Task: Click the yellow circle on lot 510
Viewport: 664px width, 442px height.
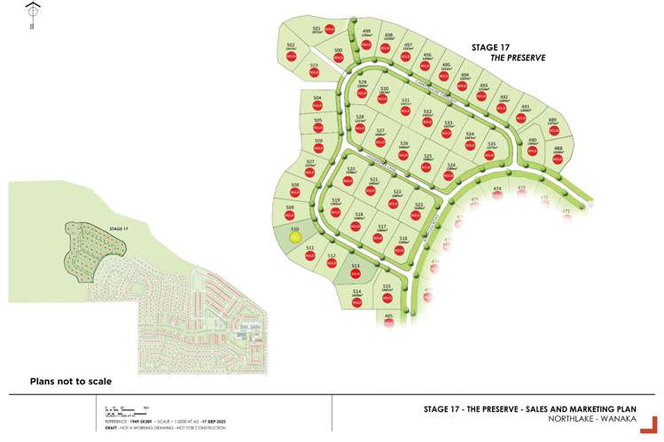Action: [x=295, y=237]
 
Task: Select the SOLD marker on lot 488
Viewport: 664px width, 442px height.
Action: [x=558, y=160]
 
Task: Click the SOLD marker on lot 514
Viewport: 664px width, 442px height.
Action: [x=356, y=302]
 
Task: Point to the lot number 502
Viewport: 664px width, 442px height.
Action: [x=291, y=45]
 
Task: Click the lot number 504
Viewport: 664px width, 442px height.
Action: [x=317, y=97]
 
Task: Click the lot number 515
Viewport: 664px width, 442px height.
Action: [x=387, y=286]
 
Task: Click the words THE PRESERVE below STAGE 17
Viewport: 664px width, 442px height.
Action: [x=518, y=58]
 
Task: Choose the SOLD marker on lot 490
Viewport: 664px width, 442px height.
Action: [x=533, y=150]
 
